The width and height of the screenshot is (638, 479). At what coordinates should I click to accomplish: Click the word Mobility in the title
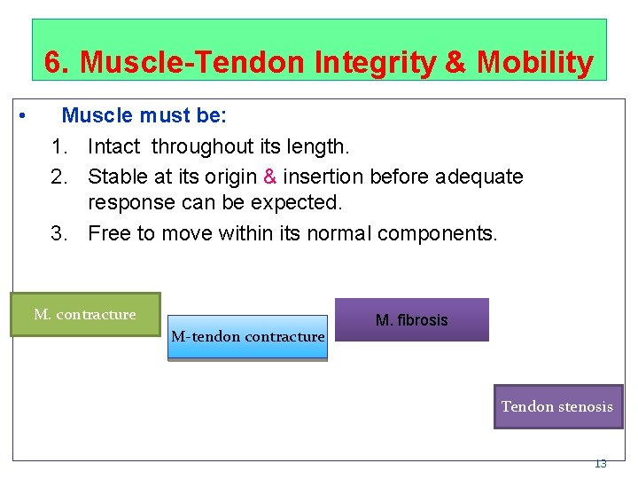(x=535, y=63)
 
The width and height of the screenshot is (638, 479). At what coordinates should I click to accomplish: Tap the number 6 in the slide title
(x=54, y=63)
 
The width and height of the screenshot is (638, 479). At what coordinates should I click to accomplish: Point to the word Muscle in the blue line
(x=95, y=116)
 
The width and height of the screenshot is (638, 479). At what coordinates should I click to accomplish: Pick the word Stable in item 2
(x=116, y=177)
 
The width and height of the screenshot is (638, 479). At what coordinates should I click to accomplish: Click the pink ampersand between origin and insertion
(x=270, y=177)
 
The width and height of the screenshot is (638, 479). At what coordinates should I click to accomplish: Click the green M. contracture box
(x=85, y=315)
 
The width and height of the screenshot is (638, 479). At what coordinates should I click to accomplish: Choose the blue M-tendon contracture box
(x=247, y=337)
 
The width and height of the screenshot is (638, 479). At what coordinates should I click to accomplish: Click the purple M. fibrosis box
(x=411, y=319)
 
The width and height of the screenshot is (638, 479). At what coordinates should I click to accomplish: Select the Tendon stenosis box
(x=557, y=406)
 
